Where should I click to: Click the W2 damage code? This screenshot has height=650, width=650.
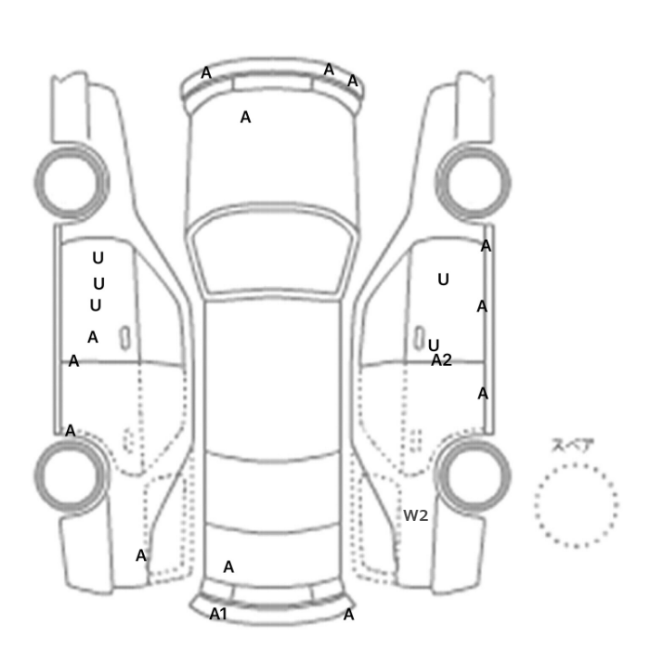(415, 515)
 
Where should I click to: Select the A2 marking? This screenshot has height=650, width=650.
(441, 360)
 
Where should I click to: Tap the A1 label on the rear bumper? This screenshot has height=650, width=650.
(218, 614)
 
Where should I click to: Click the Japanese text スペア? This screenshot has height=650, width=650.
(573, 445)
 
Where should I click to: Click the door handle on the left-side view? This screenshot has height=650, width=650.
(124, 338)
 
